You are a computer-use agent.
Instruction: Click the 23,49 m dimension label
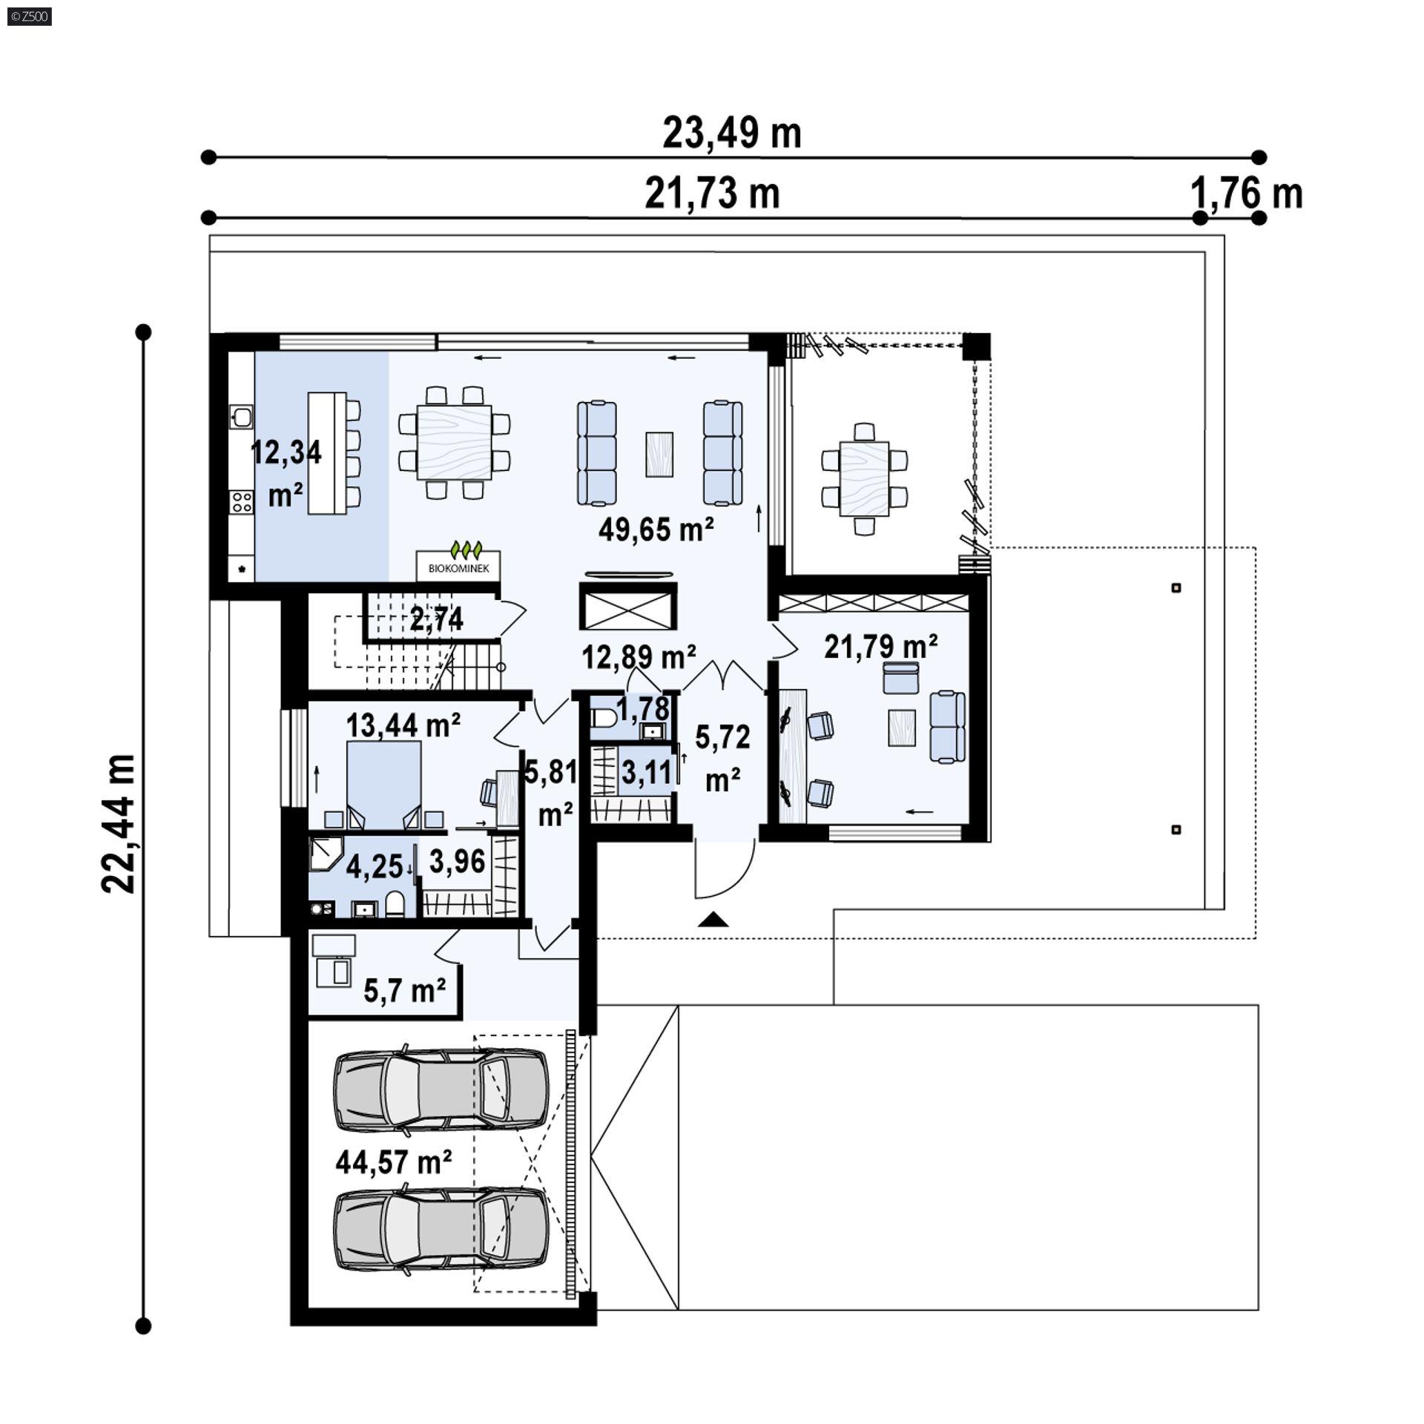coord(731,133)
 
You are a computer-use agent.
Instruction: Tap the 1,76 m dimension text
coord(1247,194)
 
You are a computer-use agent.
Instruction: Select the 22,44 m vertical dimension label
coord(119,824)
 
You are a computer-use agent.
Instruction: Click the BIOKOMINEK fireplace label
coord(458,569)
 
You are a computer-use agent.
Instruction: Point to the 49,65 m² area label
coord(656,530)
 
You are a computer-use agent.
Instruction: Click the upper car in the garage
coord(441,1088)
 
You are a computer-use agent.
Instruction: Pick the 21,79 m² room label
coord(881,646)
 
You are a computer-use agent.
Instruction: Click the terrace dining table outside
coord(864,478)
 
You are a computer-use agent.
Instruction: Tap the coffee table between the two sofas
coord(659,454)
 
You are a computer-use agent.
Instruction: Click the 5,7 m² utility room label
coord(405,990)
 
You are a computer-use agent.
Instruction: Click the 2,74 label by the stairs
coord(437,619)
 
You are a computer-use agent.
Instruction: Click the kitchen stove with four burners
coord(241,502)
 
